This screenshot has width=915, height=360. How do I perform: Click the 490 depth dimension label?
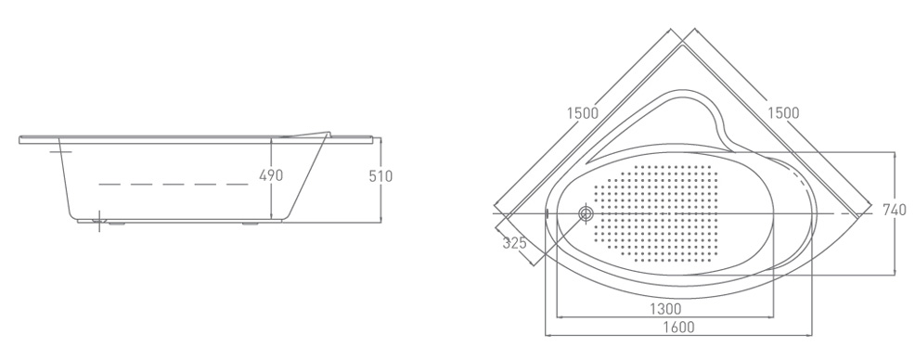point(271,175)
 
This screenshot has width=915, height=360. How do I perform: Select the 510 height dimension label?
point(381,175)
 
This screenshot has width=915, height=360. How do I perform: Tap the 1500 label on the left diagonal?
point(583,112)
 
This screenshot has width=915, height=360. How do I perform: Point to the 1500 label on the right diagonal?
point(783,112)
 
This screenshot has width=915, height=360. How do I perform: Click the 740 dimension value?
point(895,210)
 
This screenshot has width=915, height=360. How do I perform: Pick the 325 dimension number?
point(515,243)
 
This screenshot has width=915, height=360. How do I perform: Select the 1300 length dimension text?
point(665,307)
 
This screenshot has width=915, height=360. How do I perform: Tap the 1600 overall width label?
point(679,327)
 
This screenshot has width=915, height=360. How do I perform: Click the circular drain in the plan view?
point(586,213)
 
